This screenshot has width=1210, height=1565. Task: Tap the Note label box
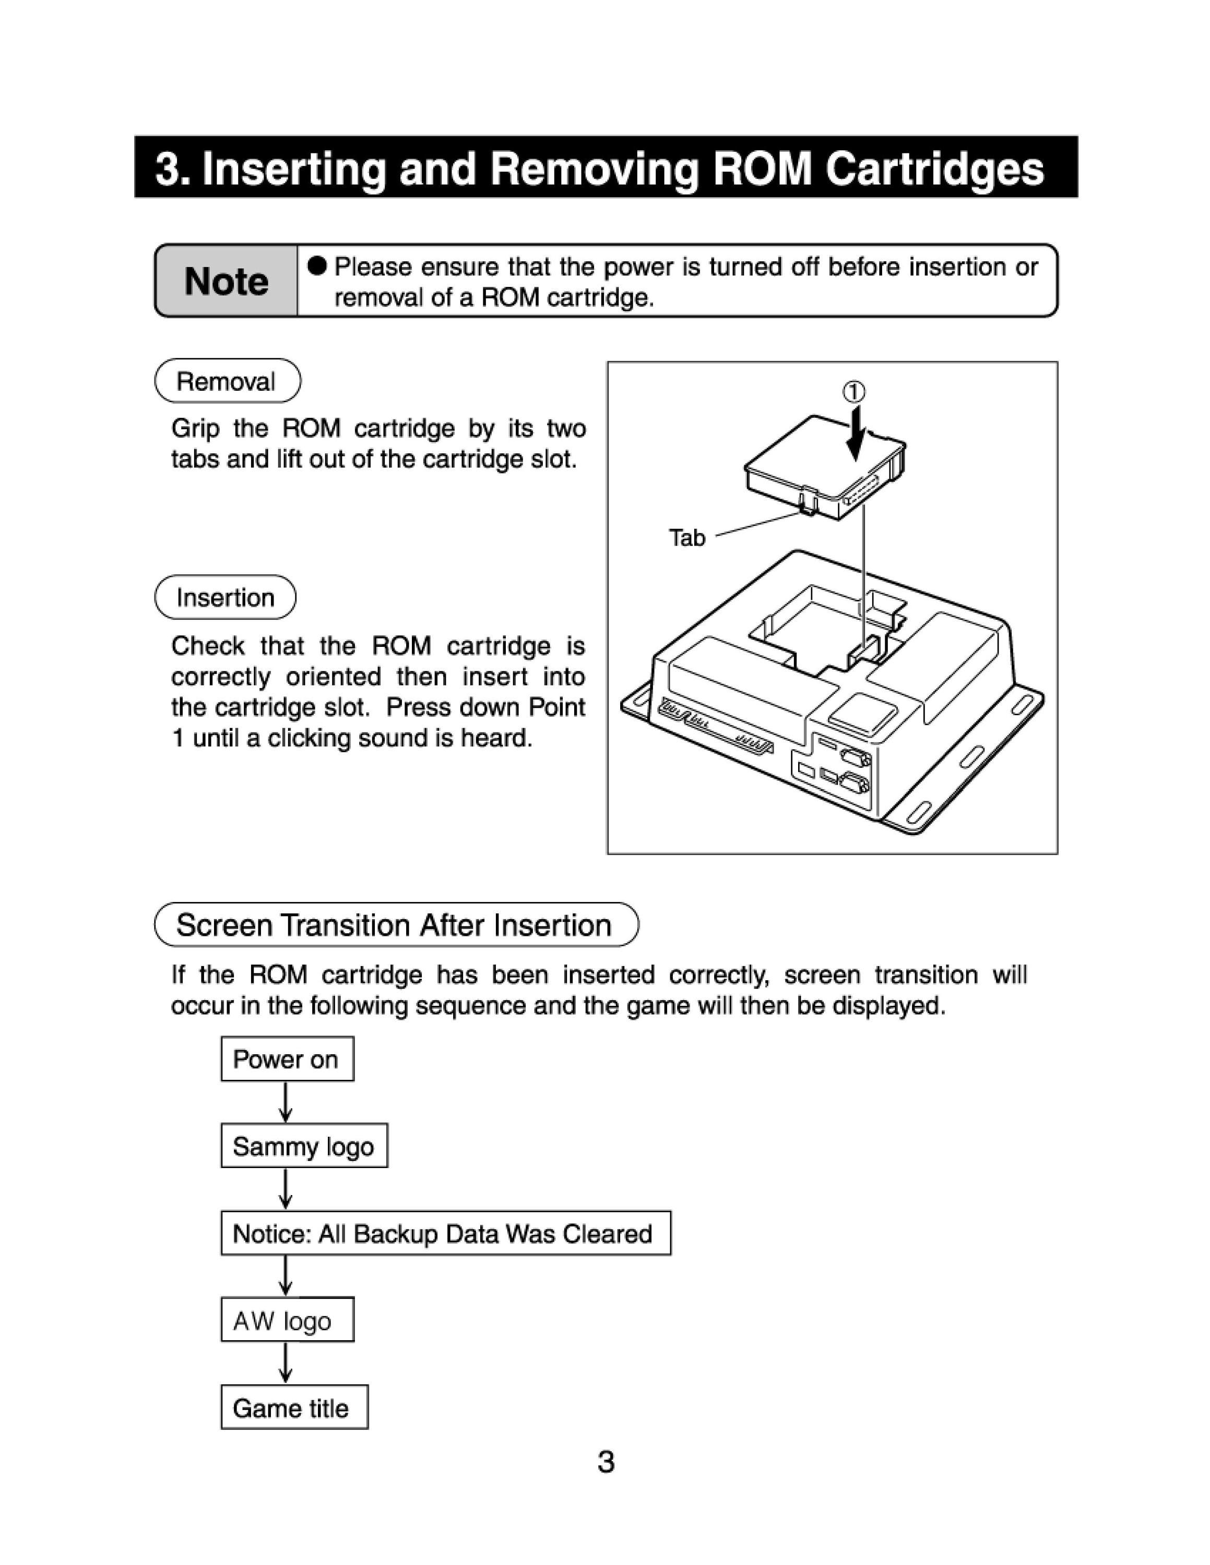click(226, 281)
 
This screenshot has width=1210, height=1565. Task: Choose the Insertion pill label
click(225, 597)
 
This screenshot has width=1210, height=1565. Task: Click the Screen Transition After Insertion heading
click(396, 924)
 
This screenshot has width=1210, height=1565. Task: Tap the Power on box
click(287, 1058)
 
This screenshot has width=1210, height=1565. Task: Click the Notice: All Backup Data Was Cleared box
click(445, 1233)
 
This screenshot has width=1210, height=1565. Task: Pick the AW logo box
click(287, 1320)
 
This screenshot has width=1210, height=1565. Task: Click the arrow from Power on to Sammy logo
click(286, 1102)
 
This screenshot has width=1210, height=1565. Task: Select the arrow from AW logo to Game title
click(286, 1363)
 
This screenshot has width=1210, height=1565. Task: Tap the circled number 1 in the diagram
click(853, 391)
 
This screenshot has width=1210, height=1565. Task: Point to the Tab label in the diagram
click(687, 537)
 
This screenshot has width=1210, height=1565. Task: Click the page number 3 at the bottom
click(606, 1462)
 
